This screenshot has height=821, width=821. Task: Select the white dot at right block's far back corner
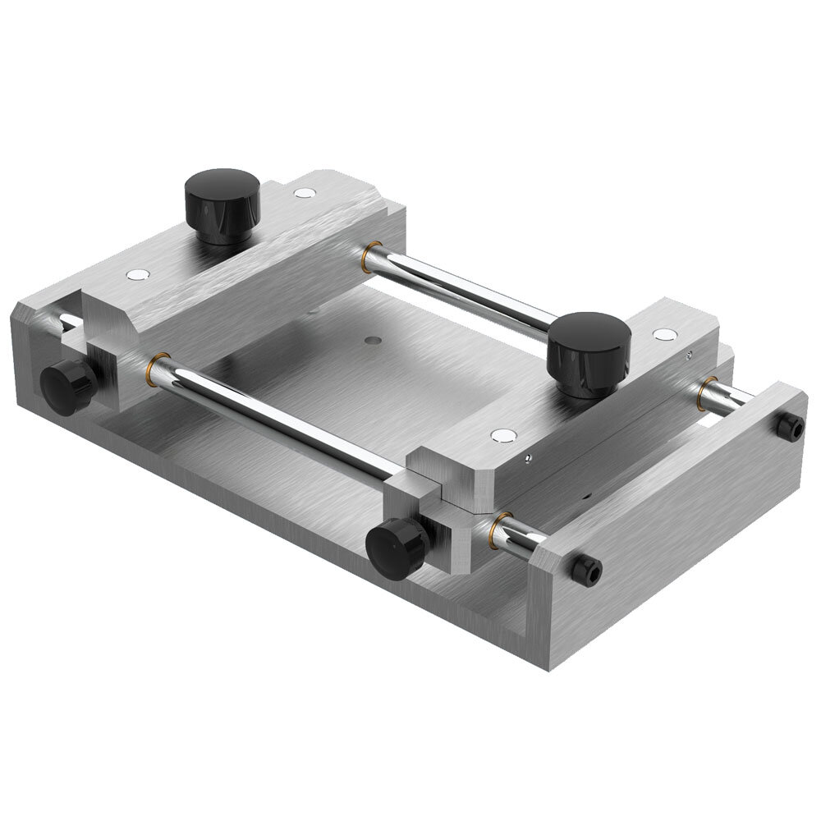click(663, 334)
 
